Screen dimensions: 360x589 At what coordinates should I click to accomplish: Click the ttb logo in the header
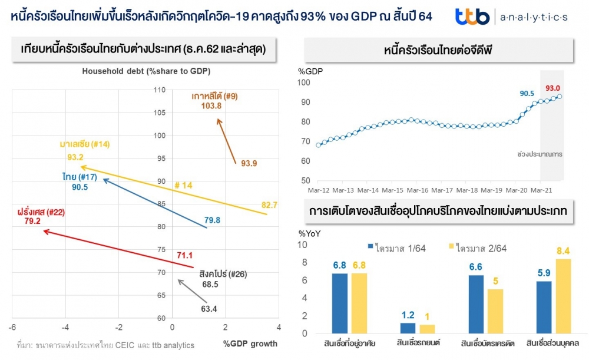472,16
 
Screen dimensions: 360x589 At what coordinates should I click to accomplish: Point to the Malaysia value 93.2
75,157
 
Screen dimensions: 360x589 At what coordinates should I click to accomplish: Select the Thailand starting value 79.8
213,220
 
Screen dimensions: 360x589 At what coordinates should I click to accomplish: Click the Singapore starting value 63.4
209,308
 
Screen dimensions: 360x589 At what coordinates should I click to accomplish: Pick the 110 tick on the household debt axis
160,90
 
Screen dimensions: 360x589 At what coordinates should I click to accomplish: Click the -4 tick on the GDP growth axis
66,328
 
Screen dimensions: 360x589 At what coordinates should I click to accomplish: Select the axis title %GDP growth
250,344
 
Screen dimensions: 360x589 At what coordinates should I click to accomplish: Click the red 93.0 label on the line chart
552,88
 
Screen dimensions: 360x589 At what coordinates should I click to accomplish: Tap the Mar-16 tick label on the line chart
417,190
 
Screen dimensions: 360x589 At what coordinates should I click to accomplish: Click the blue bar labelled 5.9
545,307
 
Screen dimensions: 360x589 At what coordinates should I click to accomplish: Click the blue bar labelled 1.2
408,328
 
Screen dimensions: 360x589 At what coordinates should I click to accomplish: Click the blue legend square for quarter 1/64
370,247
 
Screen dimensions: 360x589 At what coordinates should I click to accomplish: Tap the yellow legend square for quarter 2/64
452,247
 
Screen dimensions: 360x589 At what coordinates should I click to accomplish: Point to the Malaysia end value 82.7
270,204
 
